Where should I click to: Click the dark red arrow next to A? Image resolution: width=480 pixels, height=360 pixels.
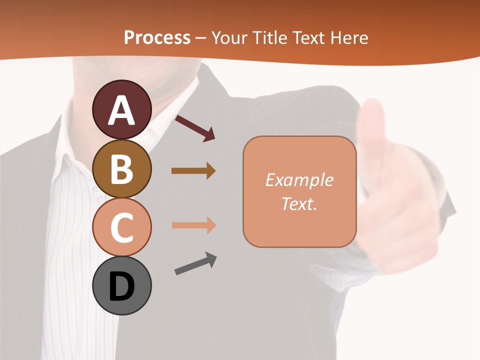195,128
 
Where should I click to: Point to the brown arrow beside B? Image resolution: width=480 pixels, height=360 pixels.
193,171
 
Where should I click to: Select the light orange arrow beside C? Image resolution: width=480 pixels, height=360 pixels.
193,225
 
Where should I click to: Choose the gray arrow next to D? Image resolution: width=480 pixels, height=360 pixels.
195,264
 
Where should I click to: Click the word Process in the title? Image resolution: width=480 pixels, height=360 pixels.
157,38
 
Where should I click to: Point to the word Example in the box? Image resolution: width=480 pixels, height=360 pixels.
299,180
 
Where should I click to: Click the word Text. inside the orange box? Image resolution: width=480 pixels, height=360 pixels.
299,204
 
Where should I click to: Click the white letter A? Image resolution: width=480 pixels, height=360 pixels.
121,110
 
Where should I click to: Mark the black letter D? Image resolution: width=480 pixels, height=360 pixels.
121,287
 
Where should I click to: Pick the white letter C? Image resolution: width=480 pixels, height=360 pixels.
121,228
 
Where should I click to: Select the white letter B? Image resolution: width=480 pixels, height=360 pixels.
121,169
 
